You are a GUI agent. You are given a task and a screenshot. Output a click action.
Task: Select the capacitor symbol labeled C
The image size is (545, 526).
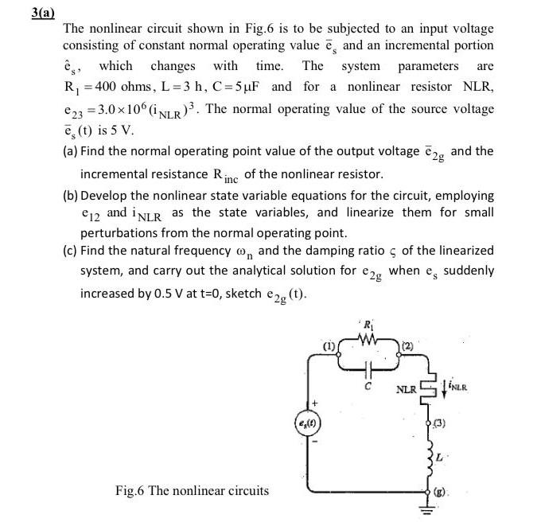(x=368, y=368)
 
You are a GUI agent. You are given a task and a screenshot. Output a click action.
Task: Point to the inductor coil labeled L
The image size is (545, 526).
(x=431, y=460)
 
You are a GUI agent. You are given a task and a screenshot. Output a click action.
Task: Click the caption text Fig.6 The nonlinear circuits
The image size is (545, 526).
(x=192, y=490)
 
